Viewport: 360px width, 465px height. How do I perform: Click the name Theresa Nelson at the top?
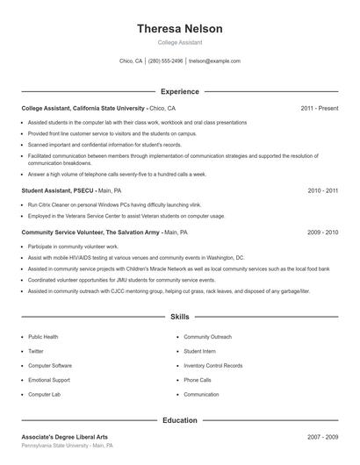tap(179, 29)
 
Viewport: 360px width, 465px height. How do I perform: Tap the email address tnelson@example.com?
tap(214, 61)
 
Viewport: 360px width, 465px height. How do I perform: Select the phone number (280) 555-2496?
tap(165, 61)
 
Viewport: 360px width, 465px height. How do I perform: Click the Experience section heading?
tap(179, 91)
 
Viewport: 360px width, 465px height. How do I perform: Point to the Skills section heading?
tap(179, 316)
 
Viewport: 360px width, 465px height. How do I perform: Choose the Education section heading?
tap(179, 420)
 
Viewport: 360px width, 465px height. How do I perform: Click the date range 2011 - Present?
tap(319, 108)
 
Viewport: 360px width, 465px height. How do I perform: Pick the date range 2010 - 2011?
tap(323, 190)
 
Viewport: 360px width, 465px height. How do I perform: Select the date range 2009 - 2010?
tap(323, 232)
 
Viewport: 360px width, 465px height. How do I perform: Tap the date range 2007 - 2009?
tap(323, 436)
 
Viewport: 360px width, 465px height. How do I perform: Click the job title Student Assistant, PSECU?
tap(57, 190)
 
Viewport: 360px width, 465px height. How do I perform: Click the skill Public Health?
tap(43, 336)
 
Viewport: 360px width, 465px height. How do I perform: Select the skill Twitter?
tap(35, 351)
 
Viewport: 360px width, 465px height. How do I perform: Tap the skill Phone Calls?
tap(198, 380)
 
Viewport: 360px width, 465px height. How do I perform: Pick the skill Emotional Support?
tap(49, 380)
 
